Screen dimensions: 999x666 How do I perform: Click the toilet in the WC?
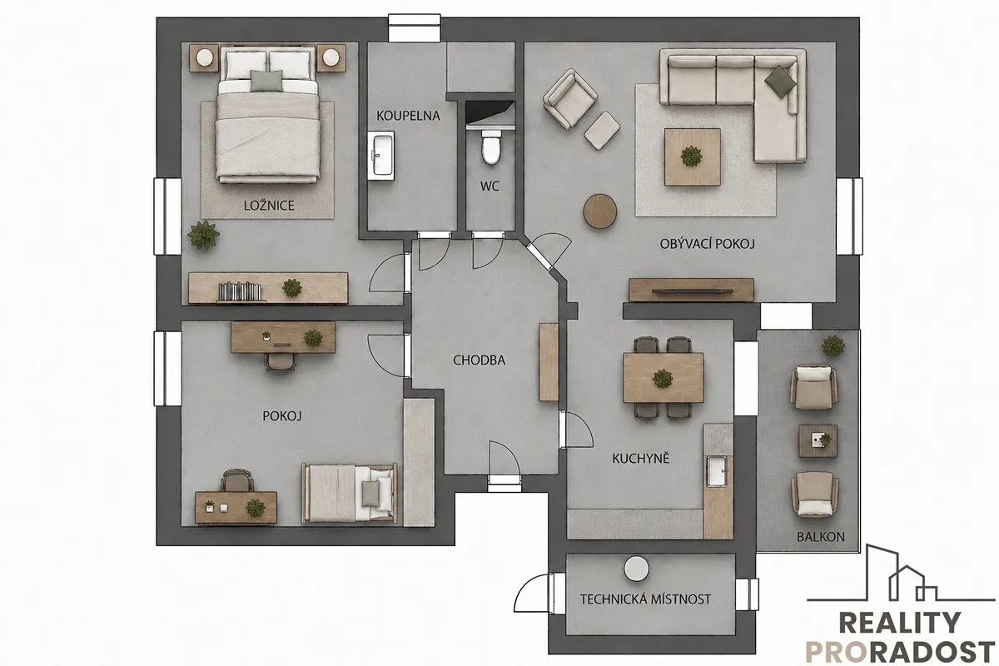[491, 147]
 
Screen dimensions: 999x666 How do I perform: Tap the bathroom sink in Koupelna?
[381, 155]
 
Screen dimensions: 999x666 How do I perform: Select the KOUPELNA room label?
[408, 116]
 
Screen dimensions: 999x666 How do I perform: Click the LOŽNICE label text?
[269, 206]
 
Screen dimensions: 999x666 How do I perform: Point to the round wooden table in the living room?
[600, 211]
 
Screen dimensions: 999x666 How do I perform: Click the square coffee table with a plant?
[692, 157]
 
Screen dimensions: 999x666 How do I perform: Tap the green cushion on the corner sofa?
[781, 82]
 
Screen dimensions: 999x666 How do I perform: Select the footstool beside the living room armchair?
[602, 130]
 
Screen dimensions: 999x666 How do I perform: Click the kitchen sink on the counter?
[717, 471]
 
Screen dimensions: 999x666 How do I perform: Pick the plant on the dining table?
[663, 378]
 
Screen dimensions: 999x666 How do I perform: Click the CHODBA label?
[479, 360]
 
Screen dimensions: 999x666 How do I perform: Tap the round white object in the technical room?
[636, 569]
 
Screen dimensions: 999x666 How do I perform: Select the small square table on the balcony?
[818, 440]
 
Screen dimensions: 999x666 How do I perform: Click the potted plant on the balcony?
[833, 345]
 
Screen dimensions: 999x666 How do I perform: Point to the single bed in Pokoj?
[349, 493]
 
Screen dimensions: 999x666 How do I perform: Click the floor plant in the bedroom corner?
[204, 235]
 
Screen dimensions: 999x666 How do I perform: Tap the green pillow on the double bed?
[266, 82]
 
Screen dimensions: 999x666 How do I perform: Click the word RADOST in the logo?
[921, 653]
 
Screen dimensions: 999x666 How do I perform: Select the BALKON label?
[821, 537]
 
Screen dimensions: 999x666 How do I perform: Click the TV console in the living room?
[691, 290]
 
